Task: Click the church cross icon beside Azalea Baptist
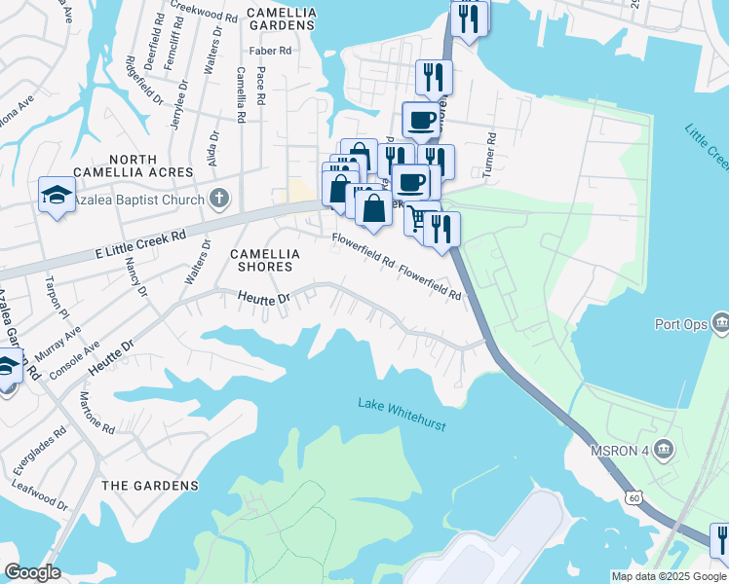click(220, 200)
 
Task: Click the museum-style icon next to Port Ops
click(721, 322)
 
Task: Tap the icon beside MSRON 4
click(665, 448)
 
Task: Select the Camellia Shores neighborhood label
click(261, 260)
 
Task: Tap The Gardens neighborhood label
click(150, 485)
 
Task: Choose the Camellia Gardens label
click(281, 13)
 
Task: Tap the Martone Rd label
click(97, 413)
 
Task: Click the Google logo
click(32, 572)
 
